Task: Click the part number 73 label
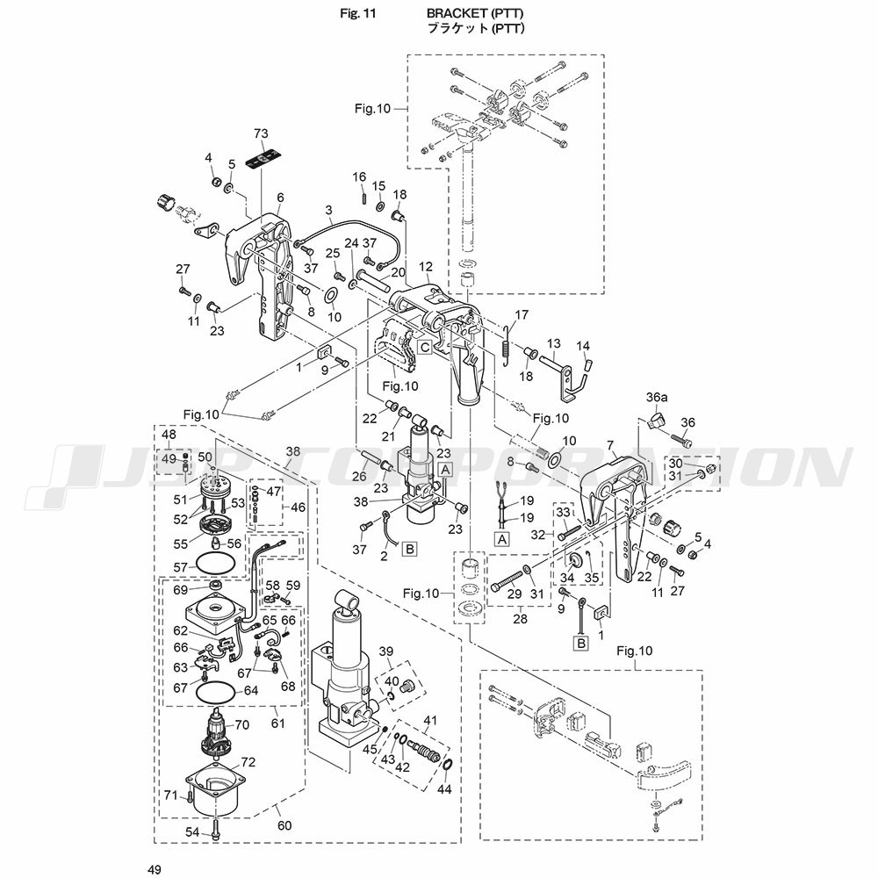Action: click(x=261, y=133)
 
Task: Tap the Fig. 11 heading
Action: click(x=356, y=14)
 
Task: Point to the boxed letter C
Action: click(x=424, y=346)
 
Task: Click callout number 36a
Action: click(x=658, y=398)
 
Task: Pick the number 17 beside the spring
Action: click(x=522, y=314)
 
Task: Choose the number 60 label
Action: click(x=284, y=824)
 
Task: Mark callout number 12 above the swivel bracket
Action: click(x=426, y=267)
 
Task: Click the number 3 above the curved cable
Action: click(x=329, y=211)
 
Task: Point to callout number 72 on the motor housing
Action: click(x=248, y=762)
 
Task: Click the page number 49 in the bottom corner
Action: click(x=156, y=869)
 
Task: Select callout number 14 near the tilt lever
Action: click(x=584, y=345)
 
